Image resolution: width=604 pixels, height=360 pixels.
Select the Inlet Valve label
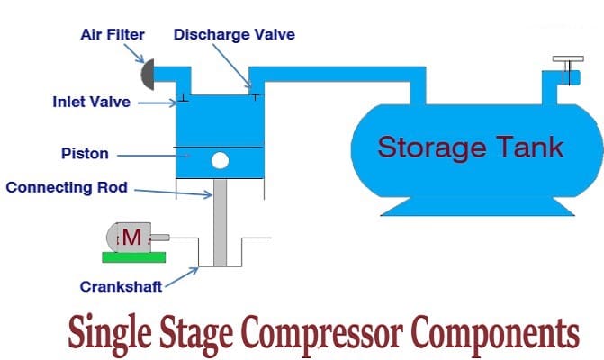tap(91, 102)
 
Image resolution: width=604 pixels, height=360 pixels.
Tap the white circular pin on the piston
tap(220, 161)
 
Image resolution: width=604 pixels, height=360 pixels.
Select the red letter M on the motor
tap(131, 238)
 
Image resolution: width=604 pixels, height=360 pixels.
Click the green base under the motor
tap(132, 257)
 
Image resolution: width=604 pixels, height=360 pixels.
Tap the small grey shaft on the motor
tap(158, 238)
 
